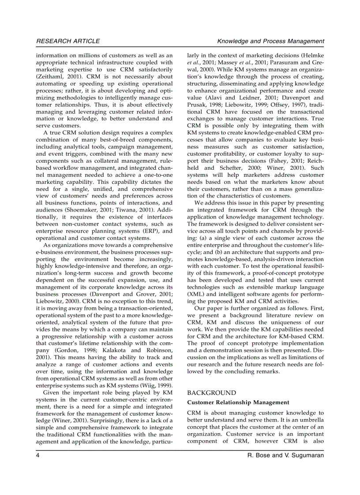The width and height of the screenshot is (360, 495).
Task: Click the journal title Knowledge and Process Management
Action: tap(271, 41)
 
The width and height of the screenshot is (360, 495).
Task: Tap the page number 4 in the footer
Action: tap(38, 455)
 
